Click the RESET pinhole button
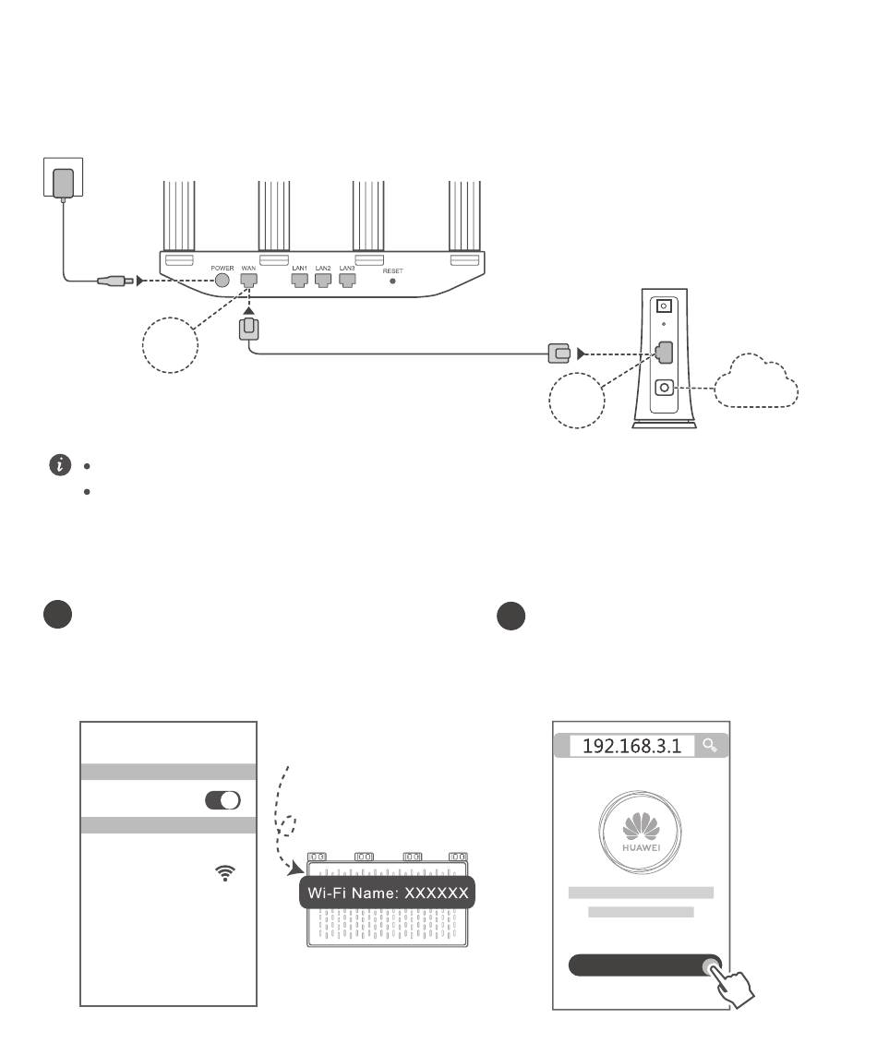point(394,280)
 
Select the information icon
point(60,465)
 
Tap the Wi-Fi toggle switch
point(222,800)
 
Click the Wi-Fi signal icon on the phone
point(224,872)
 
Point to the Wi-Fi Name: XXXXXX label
point(388,893)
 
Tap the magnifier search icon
point(709,745)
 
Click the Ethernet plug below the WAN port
point(248,330)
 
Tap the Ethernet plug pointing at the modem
point(558,352)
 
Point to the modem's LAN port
point(664,353)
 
